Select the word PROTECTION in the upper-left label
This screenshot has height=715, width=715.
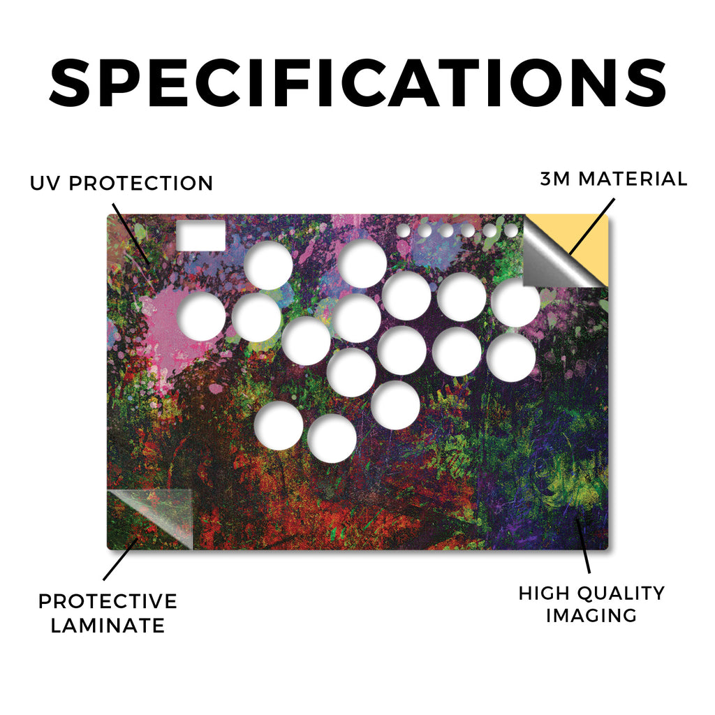click(141, 184)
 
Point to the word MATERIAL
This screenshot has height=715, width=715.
click(633, 179)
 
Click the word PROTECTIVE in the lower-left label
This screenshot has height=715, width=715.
click(108, 601)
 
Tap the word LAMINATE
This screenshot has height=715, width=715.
click(108, 625)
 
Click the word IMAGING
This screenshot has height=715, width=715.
click(591, 615)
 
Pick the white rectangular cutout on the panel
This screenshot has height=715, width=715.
click(200, 236)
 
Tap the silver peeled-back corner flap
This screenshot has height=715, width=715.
click(554, 260)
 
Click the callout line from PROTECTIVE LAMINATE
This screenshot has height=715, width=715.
click(120, 559)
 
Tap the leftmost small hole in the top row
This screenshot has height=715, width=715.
click(403, 230)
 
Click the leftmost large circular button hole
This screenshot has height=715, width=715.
click(201, 316)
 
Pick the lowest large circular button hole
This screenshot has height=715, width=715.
click(332, 438)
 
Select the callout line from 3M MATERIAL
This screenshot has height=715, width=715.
click(592, 226)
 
